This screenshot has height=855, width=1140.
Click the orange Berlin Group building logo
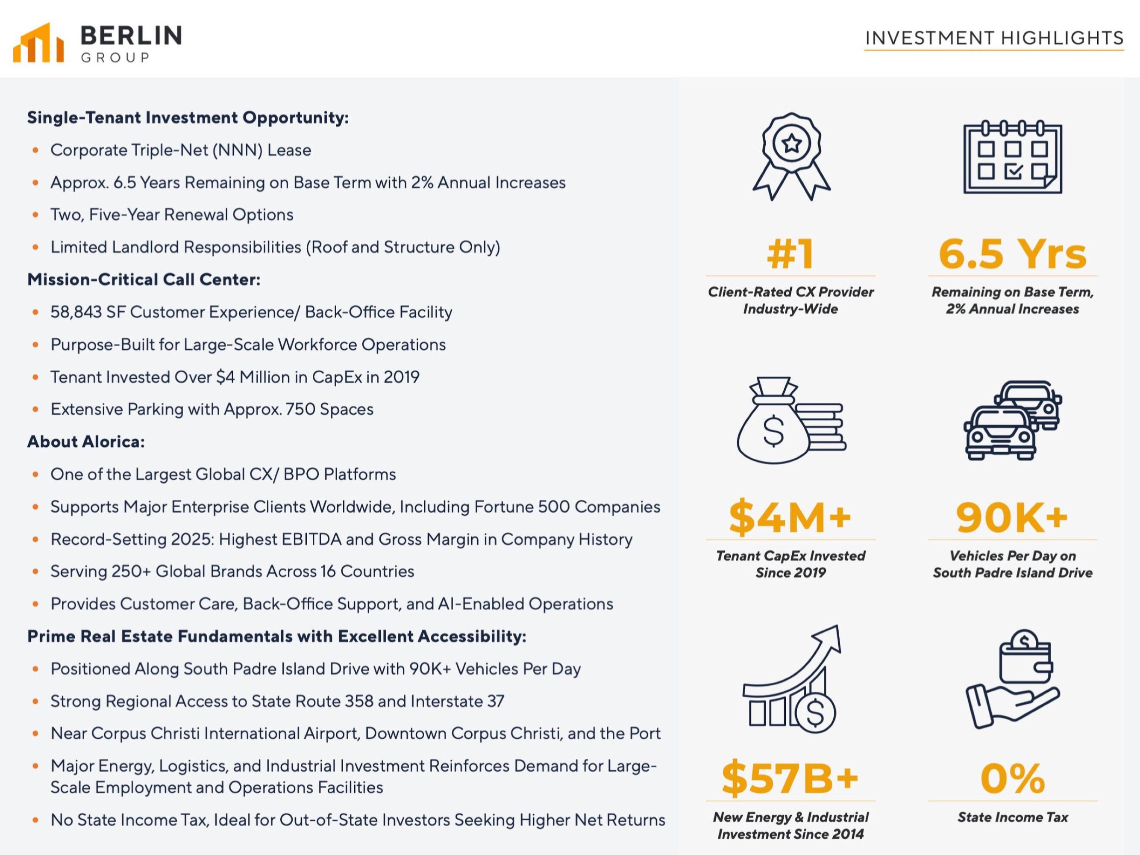tap(38, 42)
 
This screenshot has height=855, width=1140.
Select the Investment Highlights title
tap(994, 38)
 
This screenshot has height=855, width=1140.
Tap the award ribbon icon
tap(791, 157)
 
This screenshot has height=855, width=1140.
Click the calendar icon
tap(1013, 157)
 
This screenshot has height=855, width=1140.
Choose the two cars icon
tap(1013, 420)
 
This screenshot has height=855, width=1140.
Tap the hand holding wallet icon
tap(1013, 680)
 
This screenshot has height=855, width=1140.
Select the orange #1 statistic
tap(790, 254)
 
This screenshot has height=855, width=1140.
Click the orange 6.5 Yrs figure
tap(1013, 254)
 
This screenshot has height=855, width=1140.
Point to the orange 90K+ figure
tap(1012, 517)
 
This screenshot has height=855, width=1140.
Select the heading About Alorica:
tap(86, 442)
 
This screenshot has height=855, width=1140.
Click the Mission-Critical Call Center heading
tap(144, 280)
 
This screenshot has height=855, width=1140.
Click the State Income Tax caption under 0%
tap(1013, 817)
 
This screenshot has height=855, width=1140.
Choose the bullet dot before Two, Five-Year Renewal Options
tap(35, 215)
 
